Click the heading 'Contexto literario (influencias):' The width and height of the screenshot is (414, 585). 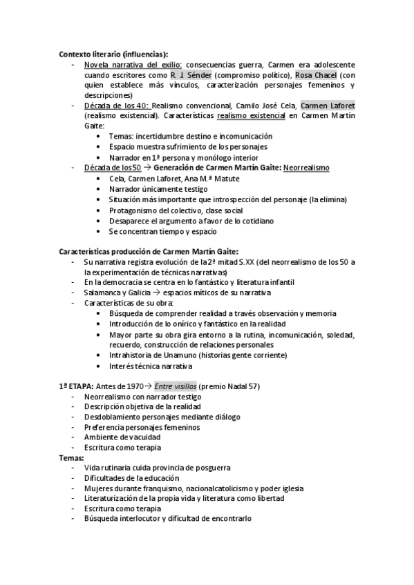pos(113,54)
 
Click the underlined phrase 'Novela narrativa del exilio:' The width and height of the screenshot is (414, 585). pos(133,65)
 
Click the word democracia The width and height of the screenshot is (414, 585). pos(120,282)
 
